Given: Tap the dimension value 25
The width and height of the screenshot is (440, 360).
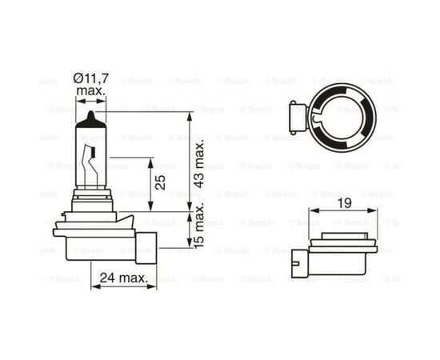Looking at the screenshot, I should point(162,183).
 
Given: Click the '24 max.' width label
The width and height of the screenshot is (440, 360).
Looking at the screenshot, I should point(119,278).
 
